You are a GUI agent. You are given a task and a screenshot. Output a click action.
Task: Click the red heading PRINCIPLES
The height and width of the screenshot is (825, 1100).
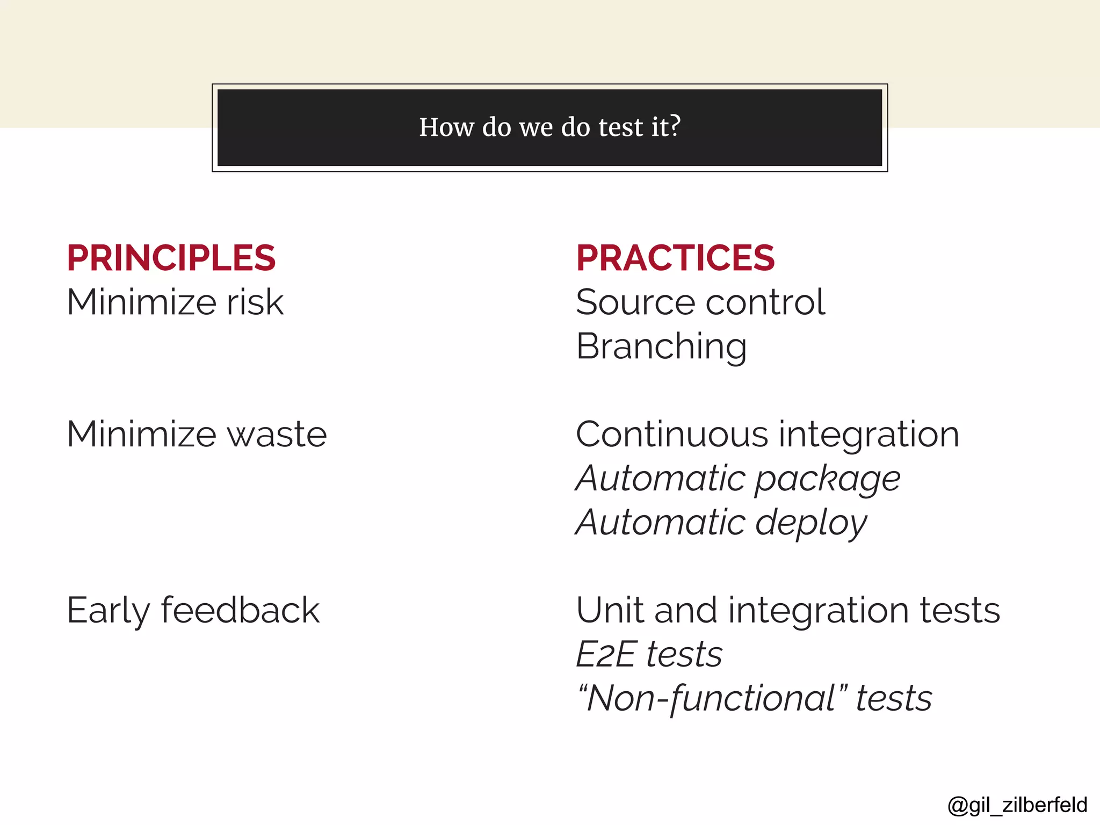click(x=171, y=258)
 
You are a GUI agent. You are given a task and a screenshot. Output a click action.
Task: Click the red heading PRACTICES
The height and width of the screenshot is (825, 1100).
click(x=675, y=258)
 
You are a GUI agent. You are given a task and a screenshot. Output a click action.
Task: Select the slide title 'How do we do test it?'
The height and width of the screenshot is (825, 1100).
click(x=549, y=127)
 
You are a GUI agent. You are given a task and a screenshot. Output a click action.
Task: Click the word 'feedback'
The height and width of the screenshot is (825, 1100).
click(x=240, y=610)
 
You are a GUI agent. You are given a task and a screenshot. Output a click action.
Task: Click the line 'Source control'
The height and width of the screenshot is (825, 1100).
click(x=700, y=302)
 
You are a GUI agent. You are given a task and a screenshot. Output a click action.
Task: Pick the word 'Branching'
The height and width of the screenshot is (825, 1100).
click(x=661, y=346)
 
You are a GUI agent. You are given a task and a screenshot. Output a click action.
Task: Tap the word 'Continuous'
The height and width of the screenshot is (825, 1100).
click(x=672, y=434)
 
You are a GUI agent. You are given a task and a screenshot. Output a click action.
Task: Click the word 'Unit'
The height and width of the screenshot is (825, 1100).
click(x=609, y=610)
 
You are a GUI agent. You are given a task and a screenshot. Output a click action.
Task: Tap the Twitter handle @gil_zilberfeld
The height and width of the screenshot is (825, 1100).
click(x=1017, y=805)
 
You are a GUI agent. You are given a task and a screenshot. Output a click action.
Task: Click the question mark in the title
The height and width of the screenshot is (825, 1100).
click(x=675, y=126)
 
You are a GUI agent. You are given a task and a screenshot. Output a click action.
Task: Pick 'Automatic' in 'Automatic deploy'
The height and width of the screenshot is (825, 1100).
click(x=660, y=523)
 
